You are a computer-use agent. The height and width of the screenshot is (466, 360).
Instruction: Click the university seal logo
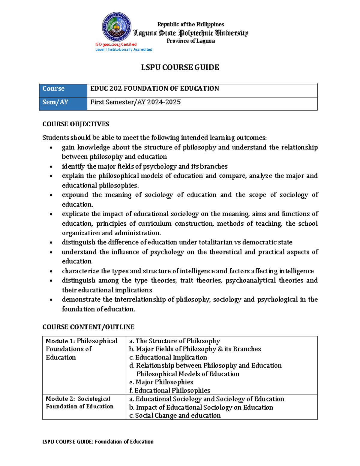[x=116, y=27]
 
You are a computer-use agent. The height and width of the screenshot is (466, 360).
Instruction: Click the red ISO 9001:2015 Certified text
[x=116, y=44]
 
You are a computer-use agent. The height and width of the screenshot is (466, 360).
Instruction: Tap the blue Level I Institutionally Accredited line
[x=124, y=50]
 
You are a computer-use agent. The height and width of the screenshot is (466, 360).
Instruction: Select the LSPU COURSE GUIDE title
[x=180, y=67]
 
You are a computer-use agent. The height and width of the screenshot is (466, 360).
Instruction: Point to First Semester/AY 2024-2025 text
[x=136, y=102]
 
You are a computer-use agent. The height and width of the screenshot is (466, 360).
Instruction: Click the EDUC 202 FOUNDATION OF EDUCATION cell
[x=154, y=89]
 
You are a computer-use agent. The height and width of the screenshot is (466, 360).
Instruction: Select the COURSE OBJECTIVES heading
[x=76, y=124]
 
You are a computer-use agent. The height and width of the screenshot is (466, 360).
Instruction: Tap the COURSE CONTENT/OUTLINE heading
[x=88, y=327]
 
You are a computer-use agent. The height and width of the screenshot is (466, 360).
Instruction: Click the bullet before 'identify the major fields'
[x=51, y=167]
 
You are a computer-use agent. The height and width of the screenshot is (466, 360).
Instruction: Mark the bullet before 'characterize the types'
[x=51, y=271]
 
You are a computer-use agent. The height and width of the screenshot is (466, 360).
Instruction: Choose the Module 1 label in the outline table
[x=60, y=341]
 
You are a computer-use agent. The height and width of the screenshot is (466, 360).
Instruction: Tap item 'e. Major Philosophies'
[x=161, y=382]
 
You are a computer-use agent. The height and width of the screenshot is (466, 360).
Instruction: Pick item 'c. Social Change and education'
[x=175, y=416]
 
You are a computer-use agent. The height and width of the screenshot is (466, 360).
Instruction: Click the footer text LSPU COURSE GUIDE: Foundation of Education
[x=98, y=442]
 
